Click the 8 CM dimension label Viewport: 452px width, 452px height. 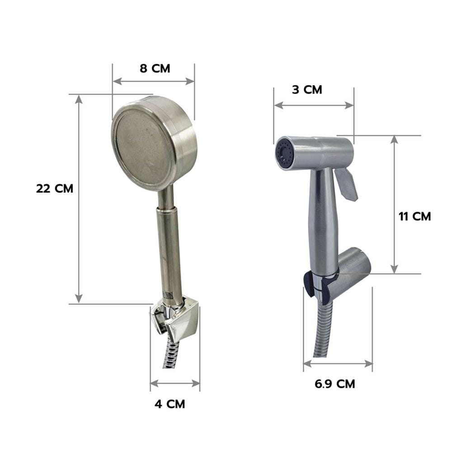[x=155, y=69]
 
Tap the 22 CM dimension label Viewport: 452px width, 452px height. [x=55, y=188]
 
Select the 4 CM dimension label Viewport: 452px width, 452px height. [x=170, y=404]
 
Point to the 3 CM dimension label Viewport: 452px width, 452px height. [x=307, y=89]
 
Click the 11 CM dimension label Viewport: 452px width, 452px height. [x=414, y=217]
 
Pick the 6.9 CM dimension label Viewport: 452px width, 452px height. [x=334, y=384]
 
